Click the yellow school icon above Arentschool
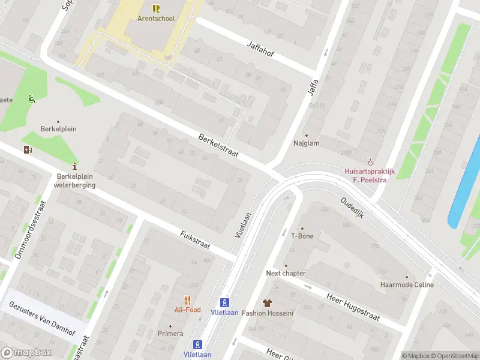[156, 8]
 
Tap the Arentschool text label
[156, 18]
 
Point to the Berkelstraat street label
[218, 146]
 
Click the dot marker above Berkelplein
[58, 121]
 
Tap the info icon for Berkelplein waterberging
[74, 166]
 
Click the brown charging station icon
[27, 149]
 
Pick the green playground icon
[31, 99]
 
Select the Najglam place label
[306, 143]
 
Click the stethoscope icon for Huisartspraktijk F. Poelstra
[370, 161]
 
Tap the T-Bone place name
[302, 236]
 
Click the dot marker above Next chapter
[286, 265]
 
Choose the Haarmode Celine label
[406, 284]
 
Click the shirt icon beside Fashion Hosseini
[267, 303]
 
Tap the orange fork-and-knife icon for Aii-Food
[188, 300]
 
